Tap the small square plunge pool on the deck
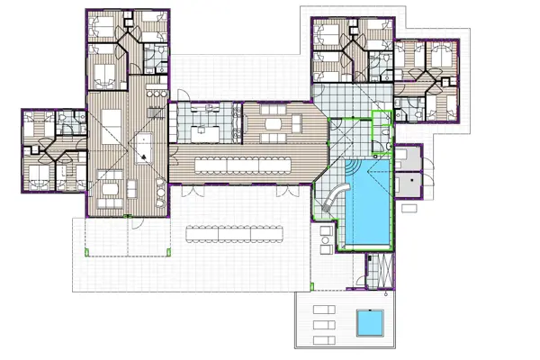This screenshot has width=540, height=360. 370,321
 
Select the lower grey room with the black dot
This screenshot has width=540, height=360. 409,184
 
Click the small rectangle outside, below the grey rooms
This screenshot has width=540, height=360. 409,208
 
